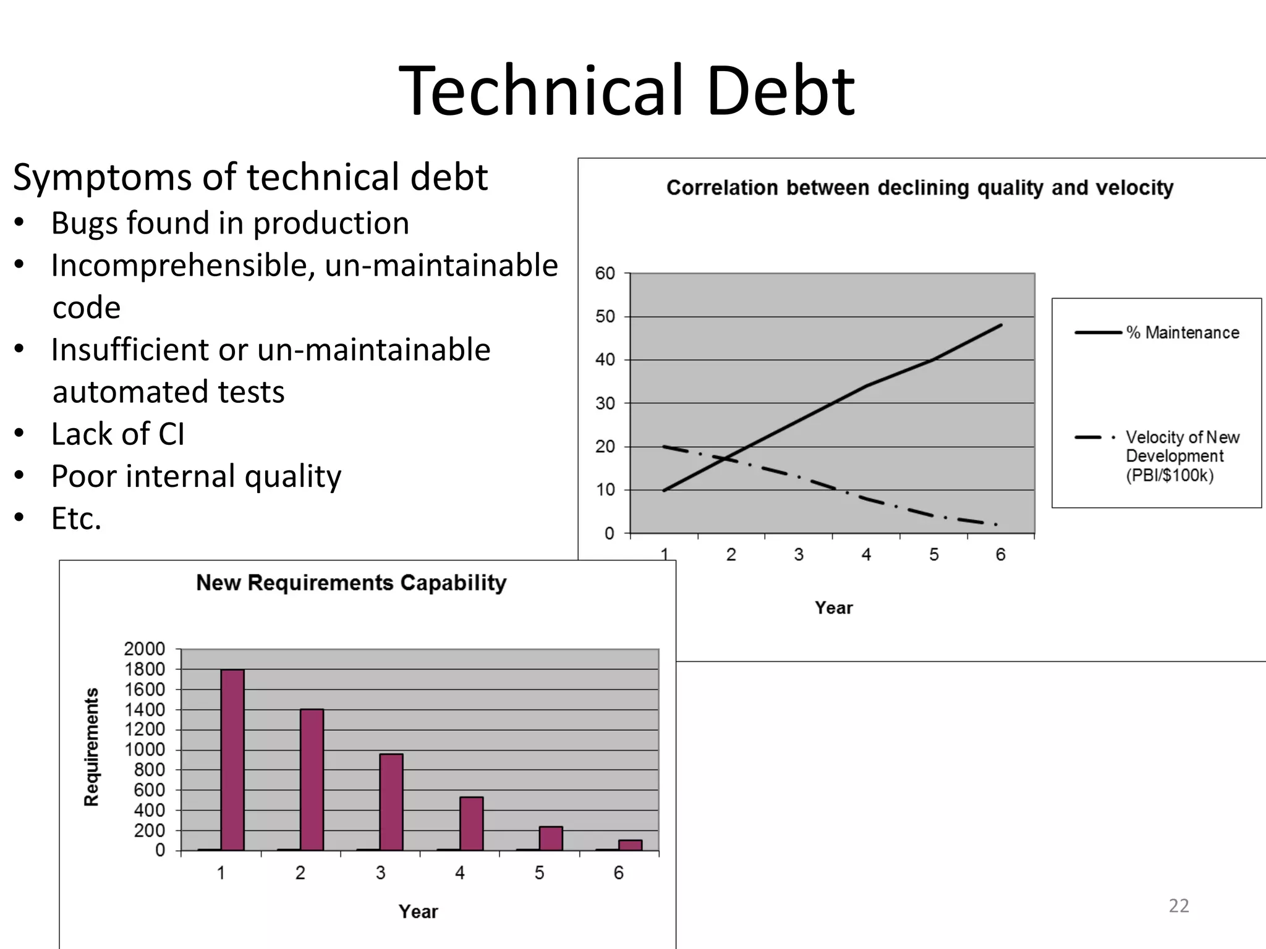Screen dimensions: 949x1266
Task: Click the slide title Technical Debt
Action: click(x=627, y=91)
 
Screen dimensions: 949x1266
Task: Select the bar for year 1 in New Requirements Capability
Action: click(x=232, y=760)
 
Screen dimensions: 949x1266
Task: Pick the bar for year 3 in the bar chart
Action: click(x=391, y=802)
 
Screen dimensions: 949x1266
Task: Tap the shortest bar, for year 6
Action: click(x=630, y=845)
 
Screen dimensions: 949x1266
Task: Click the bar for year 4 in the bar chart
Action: click(x=471, y=824)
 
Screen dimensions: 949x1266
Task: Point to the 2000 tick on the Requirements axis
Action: click(x=145, y=649)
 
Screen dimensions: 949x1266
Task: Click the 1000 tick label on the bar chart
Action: click(x=145, y=749)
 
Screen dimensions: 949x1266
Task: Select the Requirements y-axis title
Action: click(x=91, y=747)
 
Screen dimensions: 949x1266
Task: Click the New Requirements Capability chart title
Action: click(x=351, y=583)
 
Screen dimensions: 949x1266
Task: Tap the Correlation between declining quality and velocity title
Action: click(x=920, y=187)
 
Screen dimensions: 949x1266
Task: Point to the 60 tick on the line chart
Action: click(x=605, y=273)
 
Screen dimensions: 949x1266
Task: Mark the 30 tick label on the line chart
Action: click(x=605, y=403)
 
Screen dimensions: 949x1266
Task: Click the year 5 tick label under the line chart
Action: click(x=933, y=555)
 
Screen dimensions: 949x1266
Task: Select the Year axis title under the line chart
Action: click(x=833, y=608)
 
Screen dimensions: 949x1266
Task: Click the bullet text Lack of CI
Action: click(x=118, y=434)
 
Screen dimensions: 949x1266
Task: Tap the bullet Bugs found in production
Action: click(x=230, y=223)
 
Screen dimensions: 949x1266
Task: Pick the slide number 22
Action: click(x=1179, y=906)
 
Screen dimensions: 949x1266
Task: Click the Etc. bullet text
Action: click(x=77, y=518)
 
